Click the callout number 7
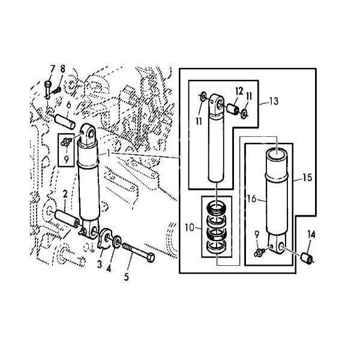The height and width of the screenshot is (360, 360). (53, 69)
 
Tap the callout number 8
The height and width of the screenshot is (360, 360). (62, 69)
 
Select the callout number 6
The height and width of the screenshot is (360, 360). (68, 105)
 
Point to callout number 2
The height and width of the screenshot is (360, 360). (65, 194)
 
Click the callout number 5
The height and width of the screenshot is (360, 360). (126, 277)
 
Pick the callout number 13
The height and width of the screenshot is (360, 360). (274, 101)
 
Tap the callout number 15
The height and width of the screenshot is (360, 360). (307, 178)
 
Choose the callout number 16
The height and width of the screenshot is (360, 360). (252, 199)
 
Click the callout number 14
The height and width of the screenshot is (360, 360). (311, 235)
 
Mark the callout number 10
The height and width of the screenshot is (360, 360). (190, 228)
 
